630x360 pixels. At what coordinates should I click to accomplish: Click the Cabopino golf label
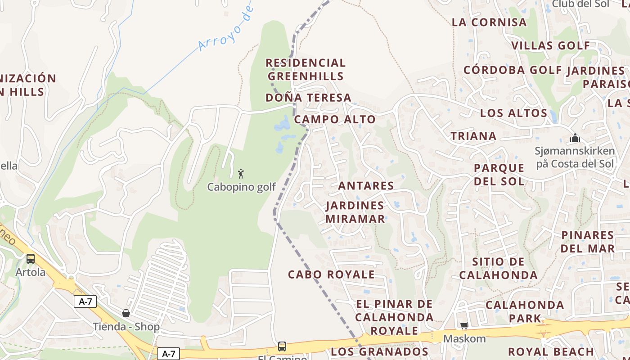(241, 187)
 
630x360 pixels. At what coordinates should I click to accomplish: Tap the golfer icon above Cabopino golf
(241, 173)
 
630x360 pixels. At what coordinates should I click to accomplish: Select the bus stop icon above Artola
(31, 259)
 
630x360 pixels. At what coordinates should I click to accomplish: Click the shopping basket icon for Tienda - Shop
(126, 313)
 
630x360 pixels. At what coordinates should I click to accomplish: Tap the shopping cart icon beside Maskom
(464, 325)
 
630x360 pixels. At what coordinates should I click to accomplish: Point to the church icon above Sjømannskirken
(575, 138)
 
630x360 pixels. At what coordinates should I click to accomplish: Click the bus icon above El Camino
(282, 346)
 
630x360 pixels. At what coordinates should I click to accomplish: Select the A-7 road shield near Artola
(85, 301)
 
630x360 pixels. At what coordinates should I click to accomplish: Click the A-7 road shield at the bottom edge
(168, 354)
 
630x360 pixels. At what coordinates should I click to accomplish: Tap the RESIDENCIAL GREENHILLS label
(306, 69)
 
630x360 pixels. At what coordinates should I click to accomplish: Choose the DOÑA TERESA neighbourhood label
(308, 98)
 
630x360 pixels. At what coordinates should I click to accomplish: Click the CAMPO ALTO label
(335, 119)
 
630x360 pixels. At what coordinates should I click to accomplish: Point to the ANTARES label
(366, 185)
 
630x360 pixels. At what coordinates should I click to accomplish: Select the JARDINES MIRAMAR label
(355, 212)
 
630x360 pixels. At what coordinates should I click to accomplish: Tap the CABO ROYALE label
(331, 274)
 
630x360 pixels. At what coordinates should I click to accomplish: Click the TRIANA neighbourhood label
(473, 136)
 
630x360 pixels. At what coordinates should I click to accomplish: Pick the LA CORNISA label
(489, 22)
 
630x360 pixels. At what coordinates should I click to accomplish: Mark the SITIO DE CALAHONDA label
(498, 268)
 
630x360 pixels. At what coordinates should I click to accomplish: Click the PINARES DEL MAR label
(588, 242)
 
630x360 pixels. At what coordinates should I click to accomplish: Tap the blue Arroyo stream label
(225, 29)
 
